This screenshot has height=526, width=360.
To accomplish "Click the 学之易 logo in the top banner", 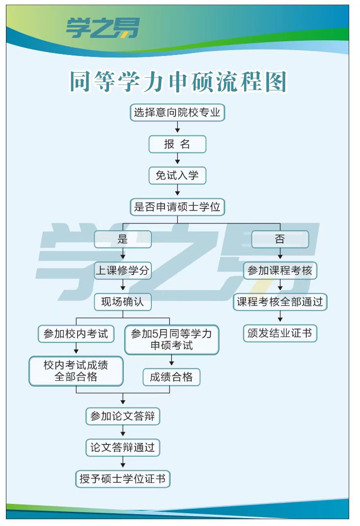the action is (102, 28).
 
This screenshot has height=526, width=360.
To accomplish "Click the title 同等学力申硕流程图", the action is (178, 81).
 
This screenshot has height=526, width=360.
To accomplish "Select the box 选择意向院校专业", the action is (177, 112).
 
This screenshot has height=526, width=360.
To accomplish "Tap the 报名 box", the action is (177, 144).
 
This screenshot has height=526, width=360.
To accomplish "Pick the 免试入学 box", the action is (177, 175).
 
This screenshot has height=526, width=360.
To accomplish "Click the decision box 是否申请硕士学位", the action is (177, 207).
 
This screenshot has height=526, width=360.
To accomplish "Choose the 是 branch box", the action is (123, 239).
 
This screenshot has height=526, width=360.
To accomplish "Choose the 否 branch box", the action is (280, 239).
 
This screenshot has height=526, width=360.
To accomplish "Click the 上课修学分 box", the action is (123, 271).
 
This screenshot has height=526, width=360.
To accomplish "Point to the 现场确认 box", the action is (123, 302).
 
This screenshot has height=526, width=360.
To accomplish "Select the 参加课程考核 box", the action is (280, 271).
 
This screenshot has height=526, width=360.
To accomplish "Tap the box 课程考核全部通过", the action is (280, 302).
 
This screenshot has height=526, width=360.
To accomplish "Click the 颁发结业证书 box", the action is (280, 333).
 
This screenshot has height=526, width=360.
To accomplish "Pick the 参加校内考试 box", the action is (76, 334).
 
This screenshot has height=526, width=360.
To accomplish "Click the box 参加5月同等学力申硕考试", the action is (171, 339).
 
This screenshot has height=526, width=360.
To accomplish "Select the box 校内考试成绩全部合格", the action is (76, 371).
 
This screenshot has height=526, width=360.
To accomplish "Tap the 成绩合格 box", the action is (171, 377).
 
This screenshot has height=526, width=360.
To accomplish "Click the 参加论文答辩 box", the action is (123, 416).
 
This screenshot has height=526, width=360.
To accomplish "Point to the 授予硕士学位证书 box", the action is (123, 479).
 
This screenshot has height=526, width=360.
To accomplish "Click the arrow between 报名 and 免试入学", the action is (177, 159).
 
